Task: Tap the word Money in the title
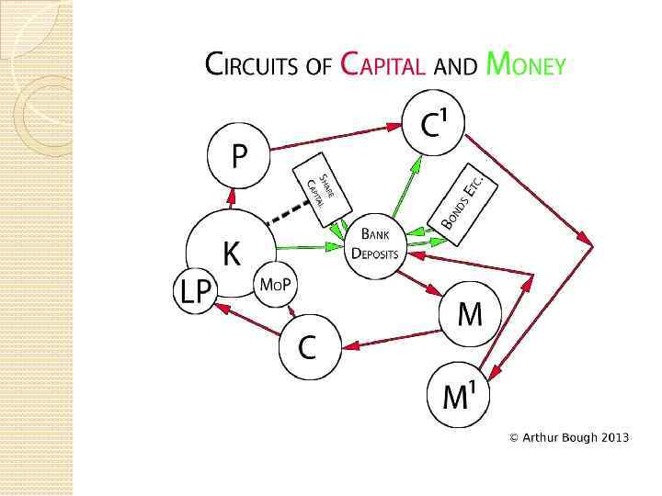click(x=525, y=65)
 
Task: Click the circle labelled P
click(x=239, y=157)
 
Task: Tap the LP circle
click(x=195, y=292)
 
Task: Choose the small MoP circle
click(x=275, y=286)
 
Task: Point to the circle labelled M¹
click(x=458, y=396)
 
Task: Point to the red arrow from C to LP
click(x=246, y=323)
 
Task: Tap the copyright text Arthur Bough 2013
click(x=570, y=437)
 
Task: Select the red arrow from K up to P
click(x=232, y=197)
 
